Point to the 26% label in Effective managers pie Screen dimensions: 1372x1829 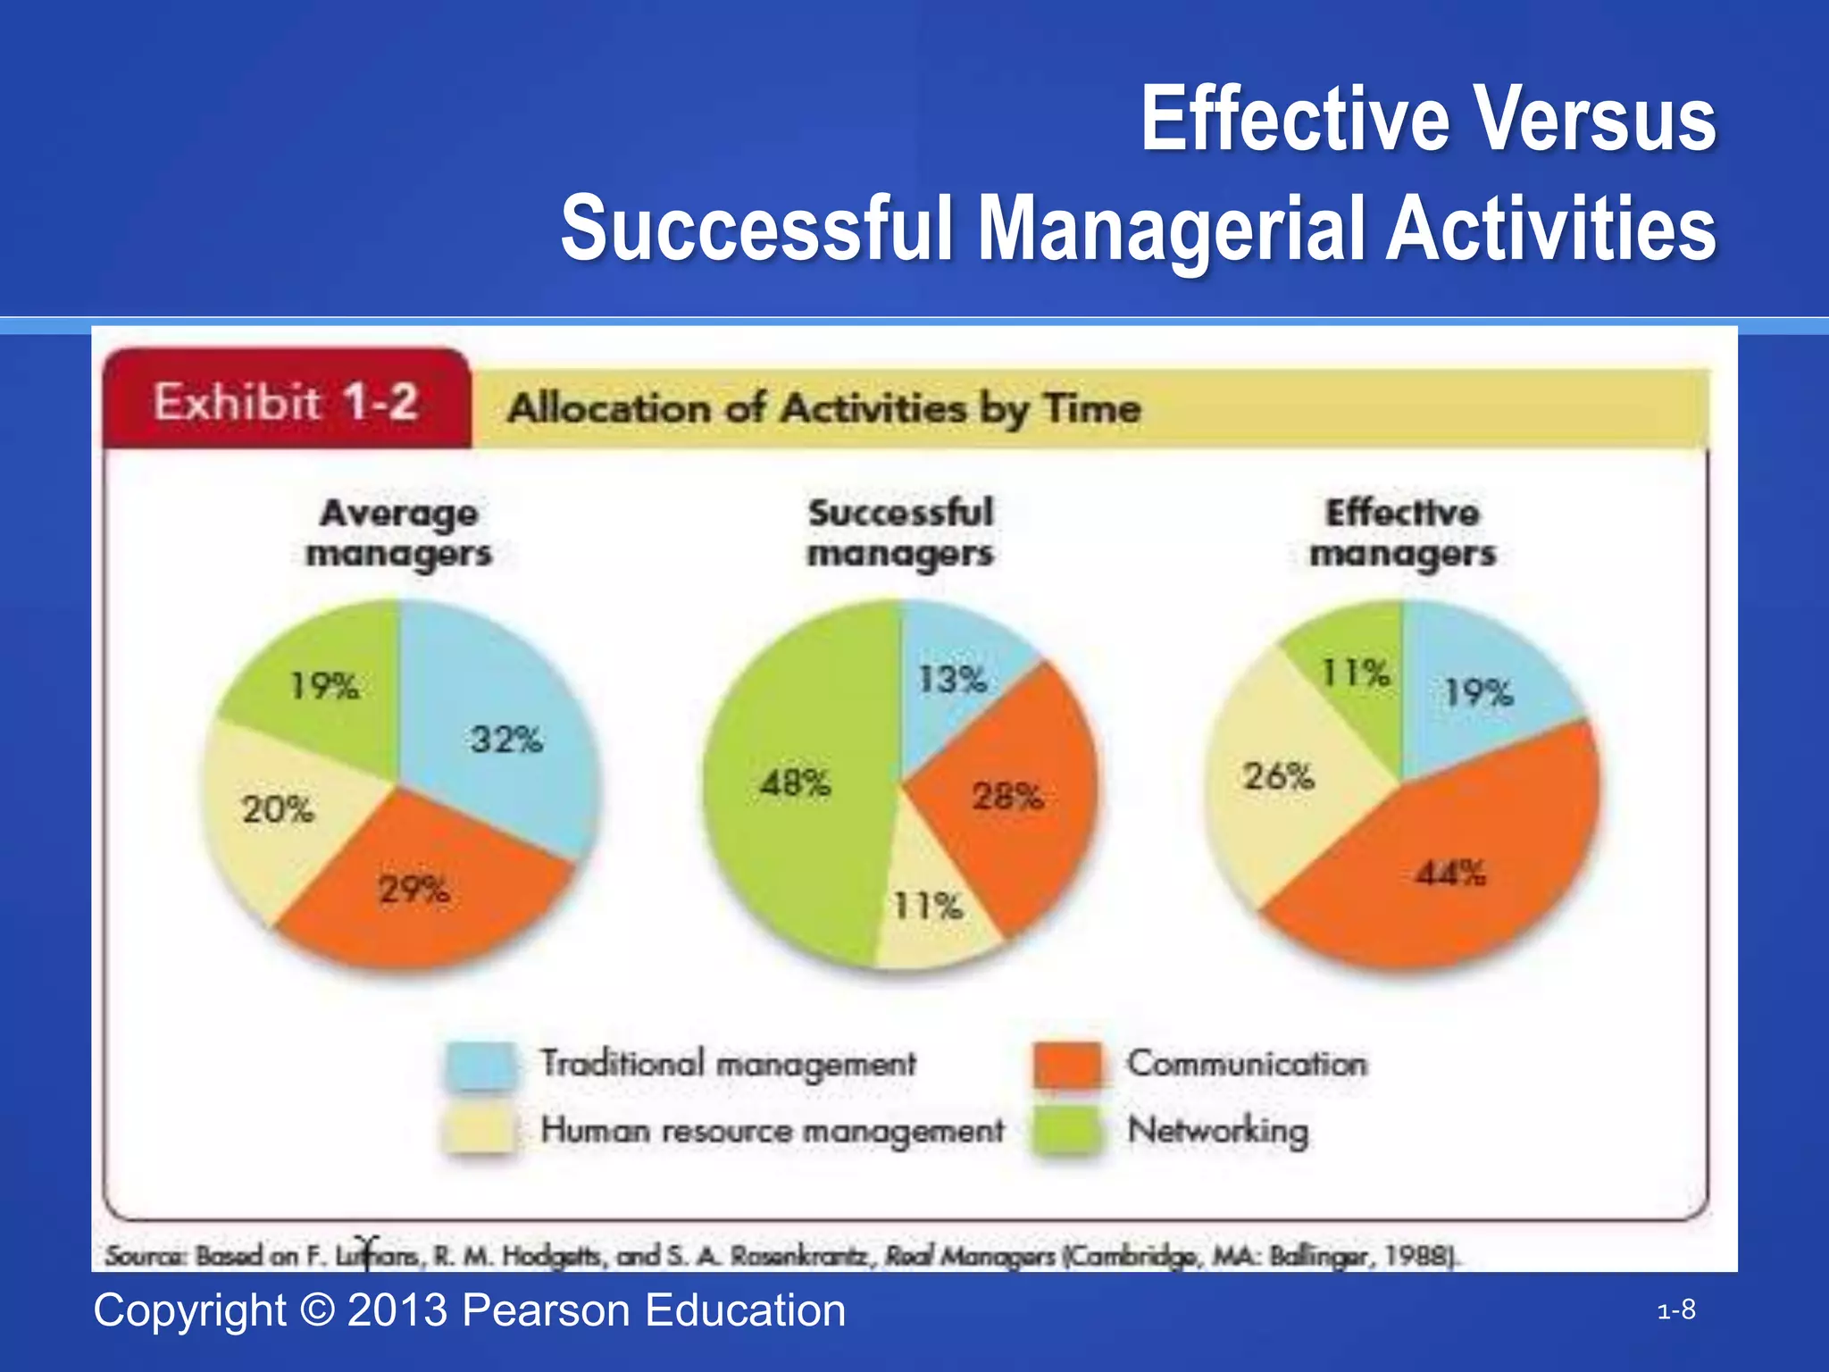click(x=1278, y=776)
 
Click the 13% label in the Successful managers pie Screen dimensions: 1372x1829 click(x=952, y=680)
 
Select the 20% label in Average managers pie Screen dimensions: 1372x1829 click(x=278, y=810)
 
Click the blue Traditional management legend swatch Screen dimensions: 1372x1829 click(x=481, y=1065)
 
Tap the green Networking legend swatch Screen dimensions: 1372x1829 click(x=1067, y=1131)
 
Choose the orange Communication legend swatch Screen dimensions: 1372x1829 click(x=1067, y=1065)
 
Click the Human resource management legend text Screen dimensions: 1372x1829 click(x=773, y=1131)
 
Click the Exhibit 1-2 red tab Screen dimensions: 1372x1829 click(x=286, y=402)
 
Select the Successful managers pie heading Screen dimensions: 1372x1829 click(x=900, y=532)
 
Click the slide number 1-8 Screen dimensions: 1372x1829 click(x=1676, y=1310)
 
